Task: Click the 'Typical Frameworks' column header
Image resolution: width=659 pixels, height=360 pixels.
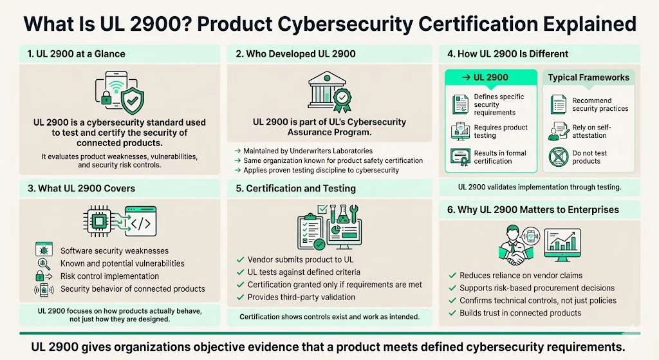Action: click(x=588, y=77)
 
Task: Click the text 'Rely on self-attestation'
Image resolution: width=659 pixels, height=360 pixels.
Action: click(x=589, y=131)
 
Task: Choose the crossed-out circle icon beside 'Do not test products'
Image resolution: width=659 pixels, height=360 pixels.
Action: click(x=557, y=157)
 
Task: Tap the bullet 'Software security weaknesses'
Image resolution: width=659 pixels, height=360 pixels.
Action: click(x=115, y=251)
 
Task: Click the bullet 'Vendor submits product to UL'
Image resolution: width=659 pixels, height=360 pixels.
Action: click(x=301, y=260)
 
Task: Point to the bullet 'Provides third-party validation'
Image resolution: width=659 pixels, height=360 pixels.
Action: click(x=301, y=297)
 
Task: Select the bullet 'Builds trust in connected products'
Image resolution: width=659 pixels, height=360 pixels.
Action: click(x=520, y=313)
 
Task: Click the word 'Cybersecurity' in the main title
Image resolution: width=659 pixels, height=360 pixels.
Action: click(x=371, y=24)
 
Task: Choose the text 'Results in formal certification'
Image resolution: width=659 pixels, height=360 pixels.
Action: click(x=500, y=157)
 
